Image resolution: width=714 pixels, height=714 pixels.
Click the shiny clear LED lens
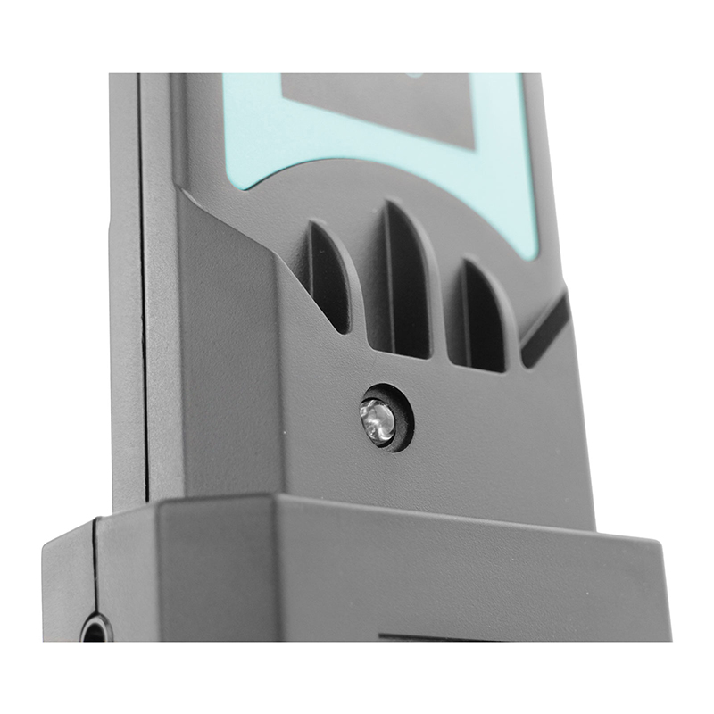(378, 419)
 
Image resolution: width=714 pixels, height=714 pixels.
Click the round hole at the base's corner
(95, 629)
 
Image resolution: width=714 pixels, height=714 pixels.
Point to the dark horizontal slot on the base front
(419, 636)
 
